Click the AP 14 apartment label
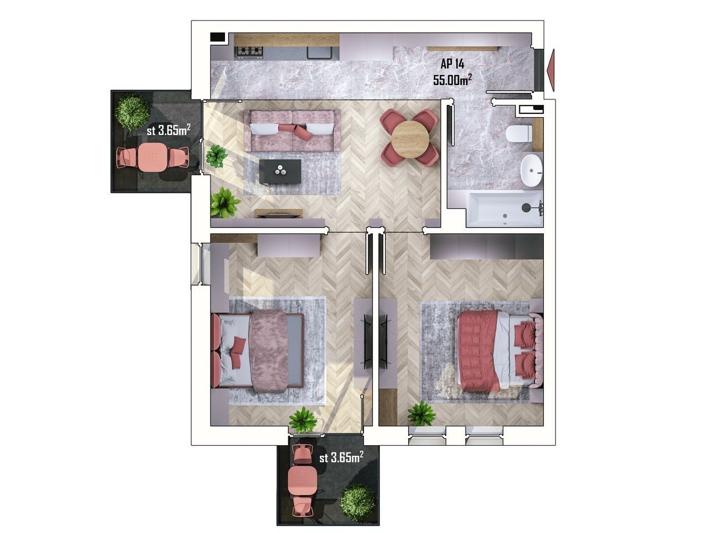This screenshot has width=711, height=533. click(x=452, y=64)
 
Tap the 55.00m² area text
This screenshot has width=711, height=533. click(x=452, y=79)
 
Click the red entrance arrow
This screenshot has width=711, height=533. click(x=550, y=70)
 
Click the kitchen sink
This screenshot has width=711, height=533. click(x=319, y=52)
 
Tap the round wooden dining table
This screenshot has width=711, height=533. click(x=410, y=139)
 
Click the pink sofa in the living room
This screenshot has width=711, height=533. click(x=292, y=130)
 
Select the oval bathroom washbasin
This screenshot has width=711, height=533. click(x=531, y=170)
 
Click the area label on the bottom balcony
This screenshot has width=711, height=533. click(x=341, y=457)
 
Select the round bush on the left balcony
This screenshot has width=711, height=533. click(x=133, y=112)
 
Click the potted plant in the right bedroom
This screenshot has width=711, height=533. click(x=421, y=414)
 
